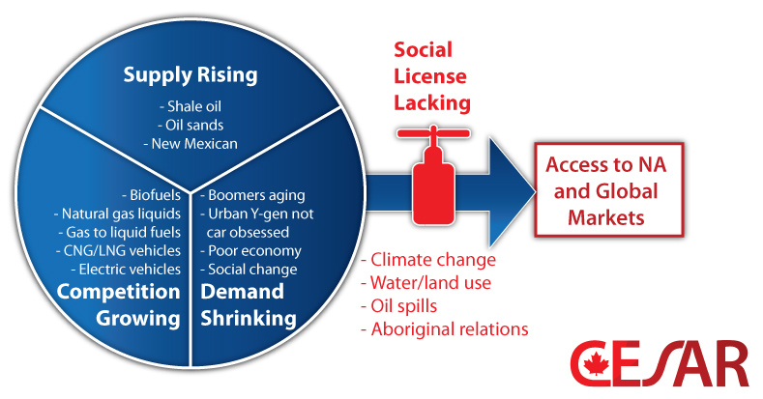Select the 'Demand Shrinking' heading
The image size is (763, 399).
pos(242,304)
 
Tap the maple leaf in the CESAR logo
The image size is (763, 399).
pos(593,363)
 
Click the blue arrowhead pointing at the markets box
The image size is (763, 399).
pos(511,188)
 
